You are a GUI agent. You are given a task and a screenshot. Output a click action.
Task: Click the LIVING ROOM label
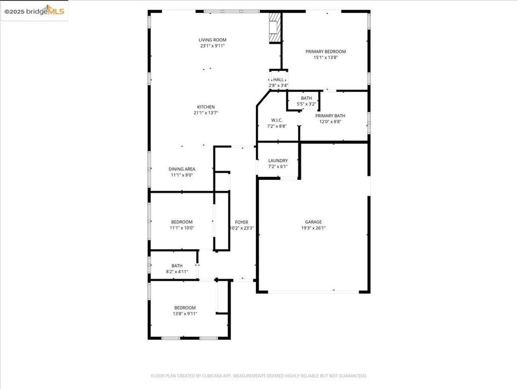click(x=212, y=40)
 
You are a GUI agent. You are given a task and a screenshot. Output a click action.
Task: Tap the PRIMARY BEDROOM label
click(x=325, y=51)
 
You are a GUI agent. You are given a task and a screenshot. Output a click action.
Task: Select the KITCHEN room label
click(x=206, y=107)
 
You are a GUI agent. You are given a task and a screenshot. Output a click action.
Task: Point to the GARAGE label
click(x=313, y=222)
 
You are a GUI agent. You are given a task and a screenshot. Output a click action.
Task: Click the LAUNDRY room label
click(x=278, y=161)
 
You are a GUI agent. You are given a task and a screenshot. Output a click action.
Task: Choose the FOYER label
click(x=241, y=222)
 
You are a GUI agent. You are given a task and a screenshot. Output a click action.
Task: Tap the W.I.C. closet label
click(x=277, y=120)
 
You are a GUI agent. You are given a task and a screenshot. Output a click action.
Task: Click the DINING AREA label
click(x=182, y=169)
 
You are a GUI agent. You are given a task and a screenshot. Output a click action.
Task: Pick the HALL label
click(x=279, y=80)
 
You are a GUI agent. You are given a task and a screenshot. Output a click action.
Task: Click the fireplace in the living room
click(x=274, y=28)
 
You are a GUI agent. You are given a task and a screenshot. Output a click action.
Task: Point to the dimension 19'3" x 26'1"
click(x=313, y=228)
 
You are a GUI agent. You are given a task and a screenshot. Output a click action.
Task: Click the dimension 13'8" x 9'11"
click(x=185, y=314)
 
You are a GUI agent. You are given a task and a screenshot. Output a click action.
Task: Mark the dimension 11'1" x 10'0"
click(x=182, y=228)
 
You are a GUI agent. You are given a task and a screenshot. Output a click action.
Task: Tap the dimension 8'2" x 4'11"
click(x=177, y=271)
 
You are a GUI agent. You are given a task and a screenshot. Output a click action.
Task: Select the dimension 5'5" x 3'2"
click(x=306, y=104)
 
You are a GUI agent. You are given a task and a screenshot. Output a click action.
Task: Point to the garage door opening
click(x=313, y=292)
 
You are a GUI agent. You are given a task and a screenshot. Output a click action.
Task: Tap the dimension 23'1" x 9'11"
click(x=212, y=46)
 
